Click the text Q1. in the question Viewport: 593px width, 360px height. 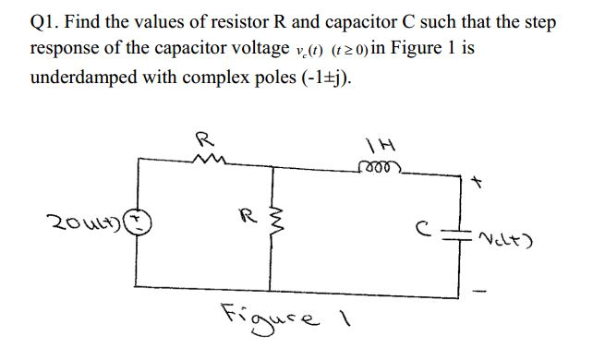coord(47,20)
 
